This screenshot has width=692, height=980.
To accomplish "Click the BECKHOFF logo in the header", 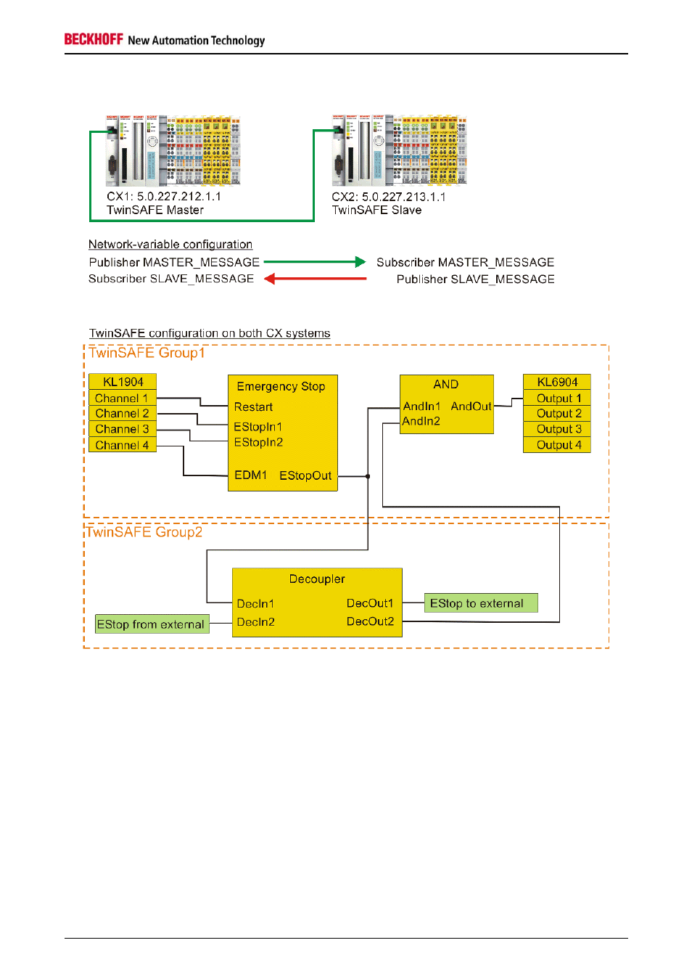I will point(94,39).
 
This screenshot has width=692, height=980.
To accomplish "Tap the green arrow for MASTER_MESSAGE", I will point(314,262).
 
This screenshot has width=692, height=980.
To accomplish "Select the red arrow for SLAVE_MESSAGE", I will point(315,279).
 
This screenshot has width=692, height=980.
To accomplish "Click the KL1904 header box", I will point(123,382).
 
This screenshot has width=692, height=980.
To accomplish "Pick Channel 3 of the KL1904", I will point(122,429).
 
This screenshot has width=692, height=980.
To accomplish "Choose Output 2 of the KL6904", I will point(558,413).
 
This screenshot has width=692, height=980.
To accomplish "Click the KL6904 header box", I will point(557,382).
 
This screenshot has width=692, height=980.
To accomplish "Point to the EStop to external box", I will point(480,603).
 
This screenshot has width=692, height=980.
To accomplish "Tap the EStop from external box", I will point(152,624).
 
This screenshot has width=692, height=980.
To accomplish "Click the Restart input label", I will point(253,407).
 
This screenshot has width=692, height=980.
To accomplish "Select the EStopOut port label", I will point(305,475).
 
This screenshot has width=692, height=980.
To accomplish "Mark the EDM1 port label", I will point(250,475).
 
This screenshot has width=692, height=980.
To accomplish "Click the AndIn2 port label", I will point(421,421).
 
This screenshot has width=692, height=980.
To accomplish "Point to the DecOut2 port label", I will point(370,621).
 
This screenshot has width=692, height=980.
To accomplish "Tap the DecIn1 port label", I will point(255,603).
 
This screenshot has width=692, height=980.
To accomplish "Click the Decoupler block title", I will point(317,579).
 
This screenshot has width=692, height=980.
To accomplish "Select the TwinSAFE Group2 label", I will point(144,532).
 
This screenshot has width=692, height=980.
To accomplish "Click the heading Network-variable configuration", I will point(170,245).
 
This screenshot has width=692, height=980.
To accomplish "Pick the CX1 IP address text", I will point(178,196).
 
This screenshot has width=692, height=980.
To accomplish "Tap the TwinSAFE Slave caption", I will point(376,210).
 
